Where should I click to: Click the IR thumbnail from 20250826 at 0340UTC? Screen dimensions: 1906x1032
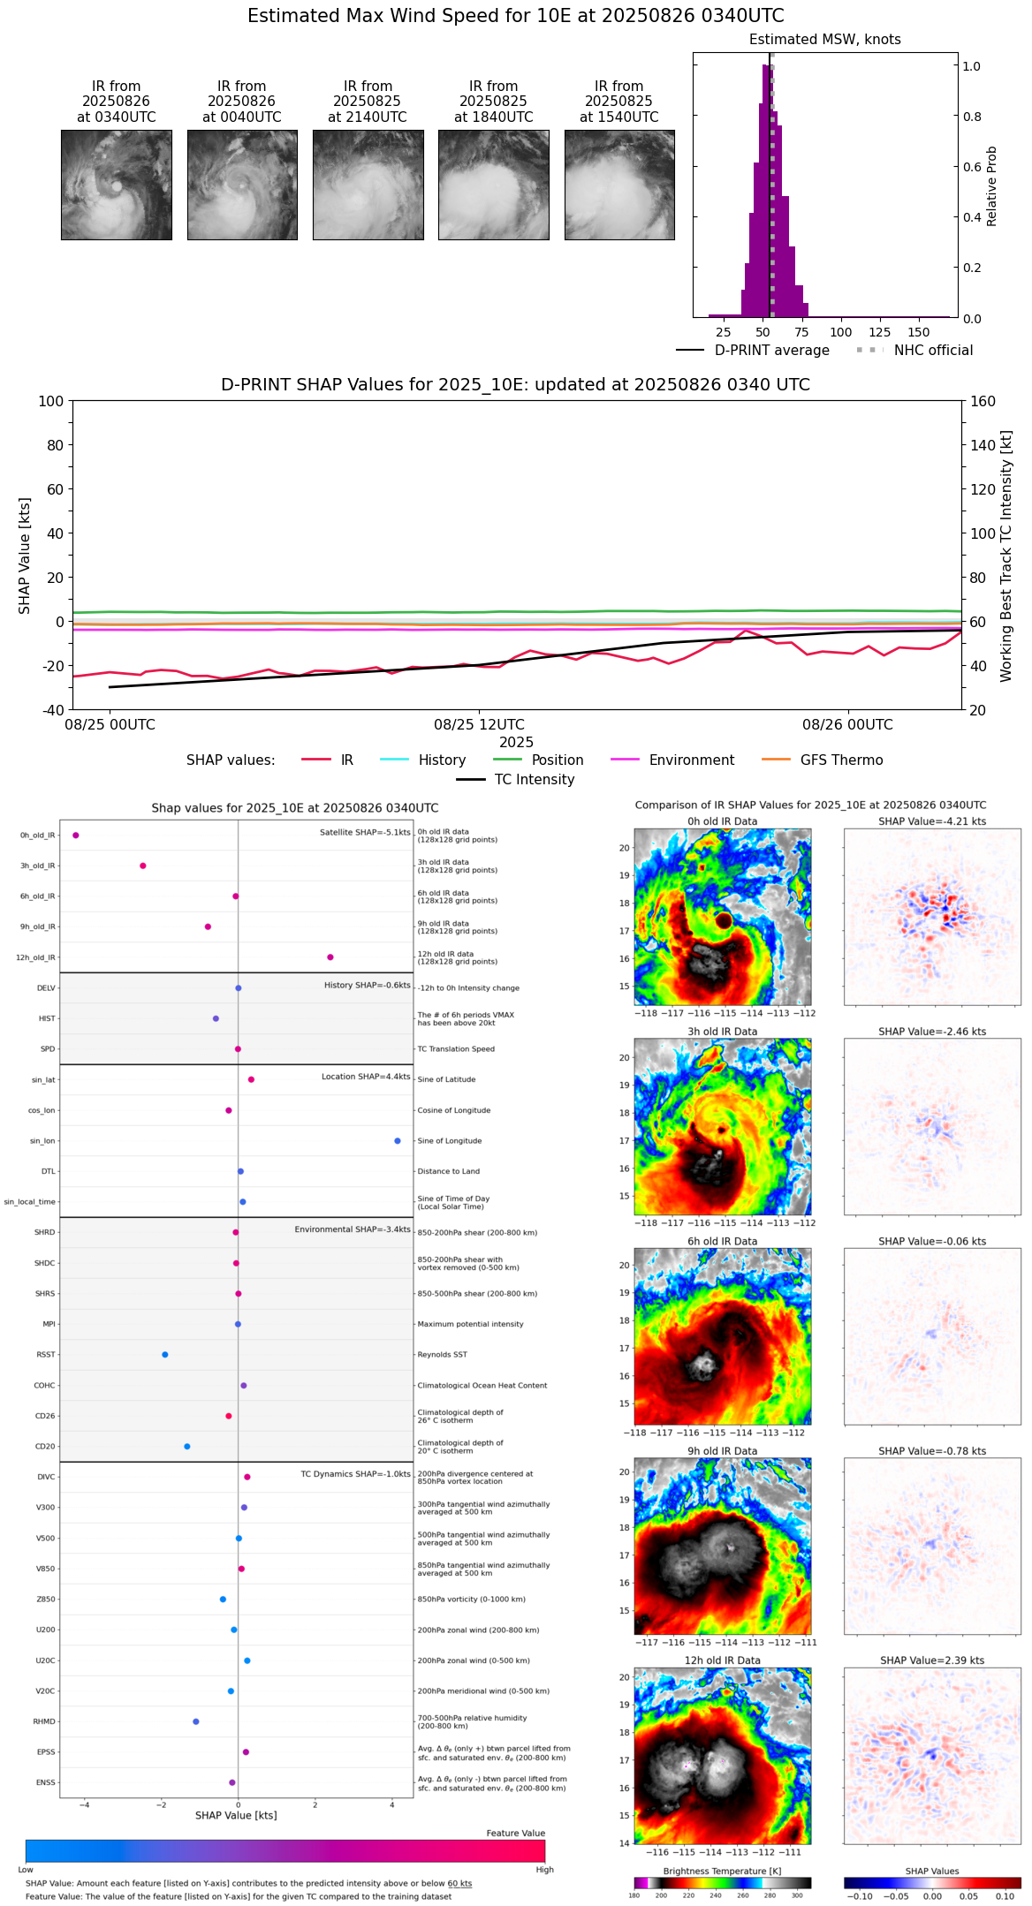tap(117, 185)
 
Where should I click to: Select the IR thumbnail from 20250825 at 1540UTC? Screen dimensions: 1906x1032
tap(619, 185)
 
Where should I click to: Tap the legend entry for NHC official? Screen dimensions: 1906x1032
tap(933, 351)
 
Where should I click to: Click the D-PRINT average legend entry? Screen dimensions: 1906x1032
tap(771, 351)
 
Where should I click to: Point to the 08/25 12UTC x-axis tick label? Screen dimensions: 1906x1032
tap(479, 725)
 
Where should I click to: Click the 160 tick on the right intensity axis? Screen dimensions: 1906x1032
tap(983, 401)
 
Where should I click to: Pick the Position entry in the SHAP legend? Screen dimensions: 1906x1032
tap(557, 760)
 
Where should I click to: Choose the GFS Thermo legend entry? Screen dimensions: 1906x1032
tap(841, 760)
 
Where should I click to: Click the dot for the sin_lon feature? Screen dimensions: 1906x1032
tap(398, 1141)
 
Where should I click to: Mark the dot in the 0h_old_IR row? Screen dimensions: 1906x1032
tap(76, 836)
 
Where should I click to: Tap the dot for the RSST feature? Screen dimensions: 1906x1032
tap(165, 1355)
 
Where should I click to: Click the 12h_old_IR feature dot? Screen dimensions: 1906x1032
tap(330, 957)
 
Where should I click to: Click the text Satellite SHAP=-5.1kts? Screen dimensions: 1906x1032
tap(365, 832)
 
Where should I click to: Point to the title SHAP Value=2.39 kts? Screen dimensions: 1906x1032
tap(932, 1660)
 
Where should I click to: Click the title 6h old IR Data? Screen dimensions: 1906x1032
tap(722, 1241)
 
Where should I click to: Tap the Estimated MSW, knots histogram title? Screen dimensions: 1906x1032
tap(824, 40)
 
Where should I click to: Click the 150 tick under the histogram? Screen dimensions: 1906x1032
tap(919, 333)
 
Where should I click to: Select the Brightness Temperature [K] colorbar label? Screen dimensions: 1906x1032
tap(722, 1872)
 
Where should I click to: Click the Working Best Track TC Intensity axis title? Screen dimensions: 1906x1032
tap(1006, 556)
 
